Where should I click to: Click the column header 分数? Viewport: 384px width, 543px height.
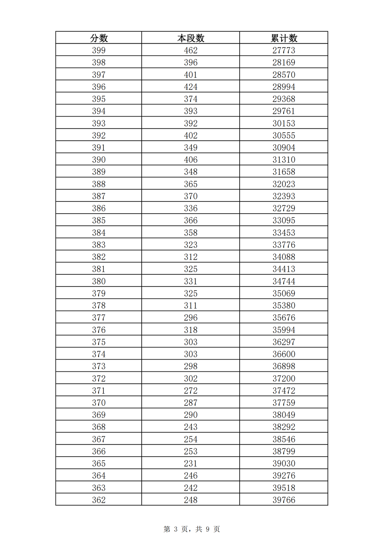point(99,38)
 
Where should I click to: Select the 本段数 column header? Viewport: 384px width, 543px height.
point(191,38)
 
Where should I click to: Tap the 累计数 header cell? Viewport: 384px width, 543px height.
point(284,38)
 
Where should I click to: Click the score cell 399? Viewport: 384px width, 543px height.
point(99,50)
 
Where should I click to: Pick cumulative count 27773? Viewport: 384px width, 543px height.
point(284,50)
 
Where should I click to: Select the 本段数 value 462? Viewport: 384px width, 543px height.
point(191,50)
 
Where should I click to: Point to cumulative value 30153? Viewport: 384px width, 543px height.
point(284,123)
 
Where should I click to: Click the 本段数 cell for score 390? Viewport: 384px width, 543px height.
point(191,160)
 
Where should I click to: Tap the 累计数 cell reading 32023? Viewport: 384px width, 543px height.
point(284,184)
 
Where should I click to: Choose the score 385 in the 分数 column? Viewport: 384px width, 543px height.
point(99,220)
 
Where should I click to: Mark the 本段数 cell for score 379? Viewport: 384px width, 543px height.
point(191,293)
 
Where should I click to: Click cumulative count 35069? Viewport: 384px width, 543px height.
point(284,293)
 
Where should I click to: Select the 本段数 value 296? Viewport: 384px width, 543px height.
point(191,317)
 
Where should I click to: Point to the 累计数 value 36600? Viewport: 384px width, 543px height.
point(284,354)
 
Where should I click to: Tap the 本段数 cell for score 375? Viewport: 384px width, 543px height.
point(191,342)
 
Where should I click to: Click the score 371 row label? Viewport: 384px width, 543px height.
point(99,391)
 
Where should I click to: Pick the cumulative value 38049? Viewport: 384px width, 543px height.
point(284,415)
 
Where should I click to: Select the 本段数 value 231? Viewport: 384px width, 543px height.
point(191,463)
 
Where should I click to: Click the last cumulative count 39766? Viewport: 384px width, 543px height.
point(284,500)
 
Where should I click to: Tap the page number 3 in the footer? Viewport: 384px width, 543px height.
point(176,529)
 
